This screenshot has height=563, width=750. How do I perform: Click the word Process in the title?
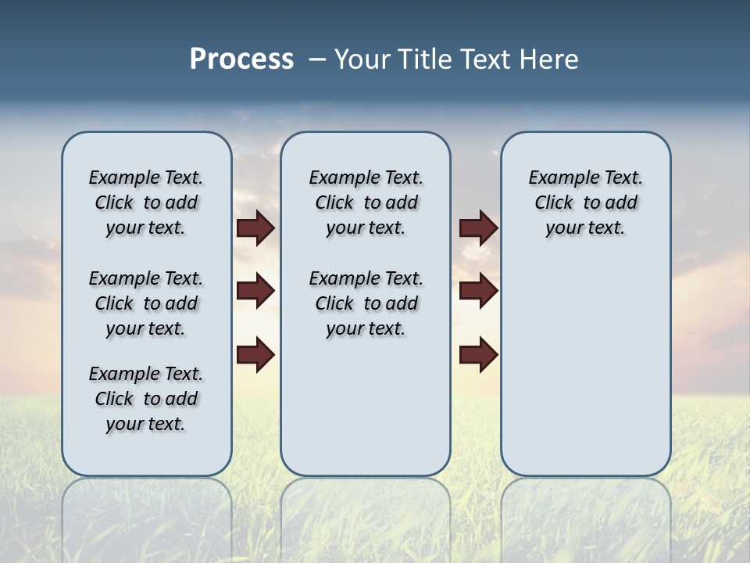tap(241, 59)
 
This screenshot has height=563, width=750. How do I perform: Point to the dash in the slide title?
tap(317, 60)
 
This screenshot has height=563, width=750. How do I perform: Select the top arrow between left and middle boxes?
tap(255, 228)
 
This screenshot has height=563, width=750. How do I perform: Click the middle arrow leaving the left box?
tap(255, 291)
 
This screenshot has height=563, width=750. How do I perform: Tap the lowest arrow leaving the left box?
tap(255, 355)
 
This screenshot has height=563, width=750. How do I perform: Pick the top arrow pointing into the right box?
tap(478, 228)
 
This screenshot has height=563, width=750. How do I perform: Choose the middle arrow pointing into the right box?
tap(478, 291)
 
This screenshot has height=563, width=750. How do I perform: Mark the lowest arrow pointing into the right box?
tap(478, 355)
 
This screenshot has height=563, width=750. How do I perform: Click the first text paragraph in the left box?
tap(146, 203)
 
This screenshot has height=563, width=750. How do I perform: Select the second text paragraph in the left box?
tap(146, 303)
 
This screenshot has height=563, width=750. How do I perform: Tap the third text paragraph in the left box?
tap(146, 399)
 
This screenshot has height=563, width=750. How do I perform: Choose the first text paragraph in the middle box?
tap(366, 203)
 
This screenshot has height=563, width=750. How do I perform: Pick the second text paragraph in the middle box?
tap(366, 303)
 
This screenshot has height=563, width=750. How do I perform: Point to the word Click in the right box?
tap(554, 203)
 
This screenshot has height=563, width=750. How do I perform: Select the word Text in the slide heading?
tap(486, 59)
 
